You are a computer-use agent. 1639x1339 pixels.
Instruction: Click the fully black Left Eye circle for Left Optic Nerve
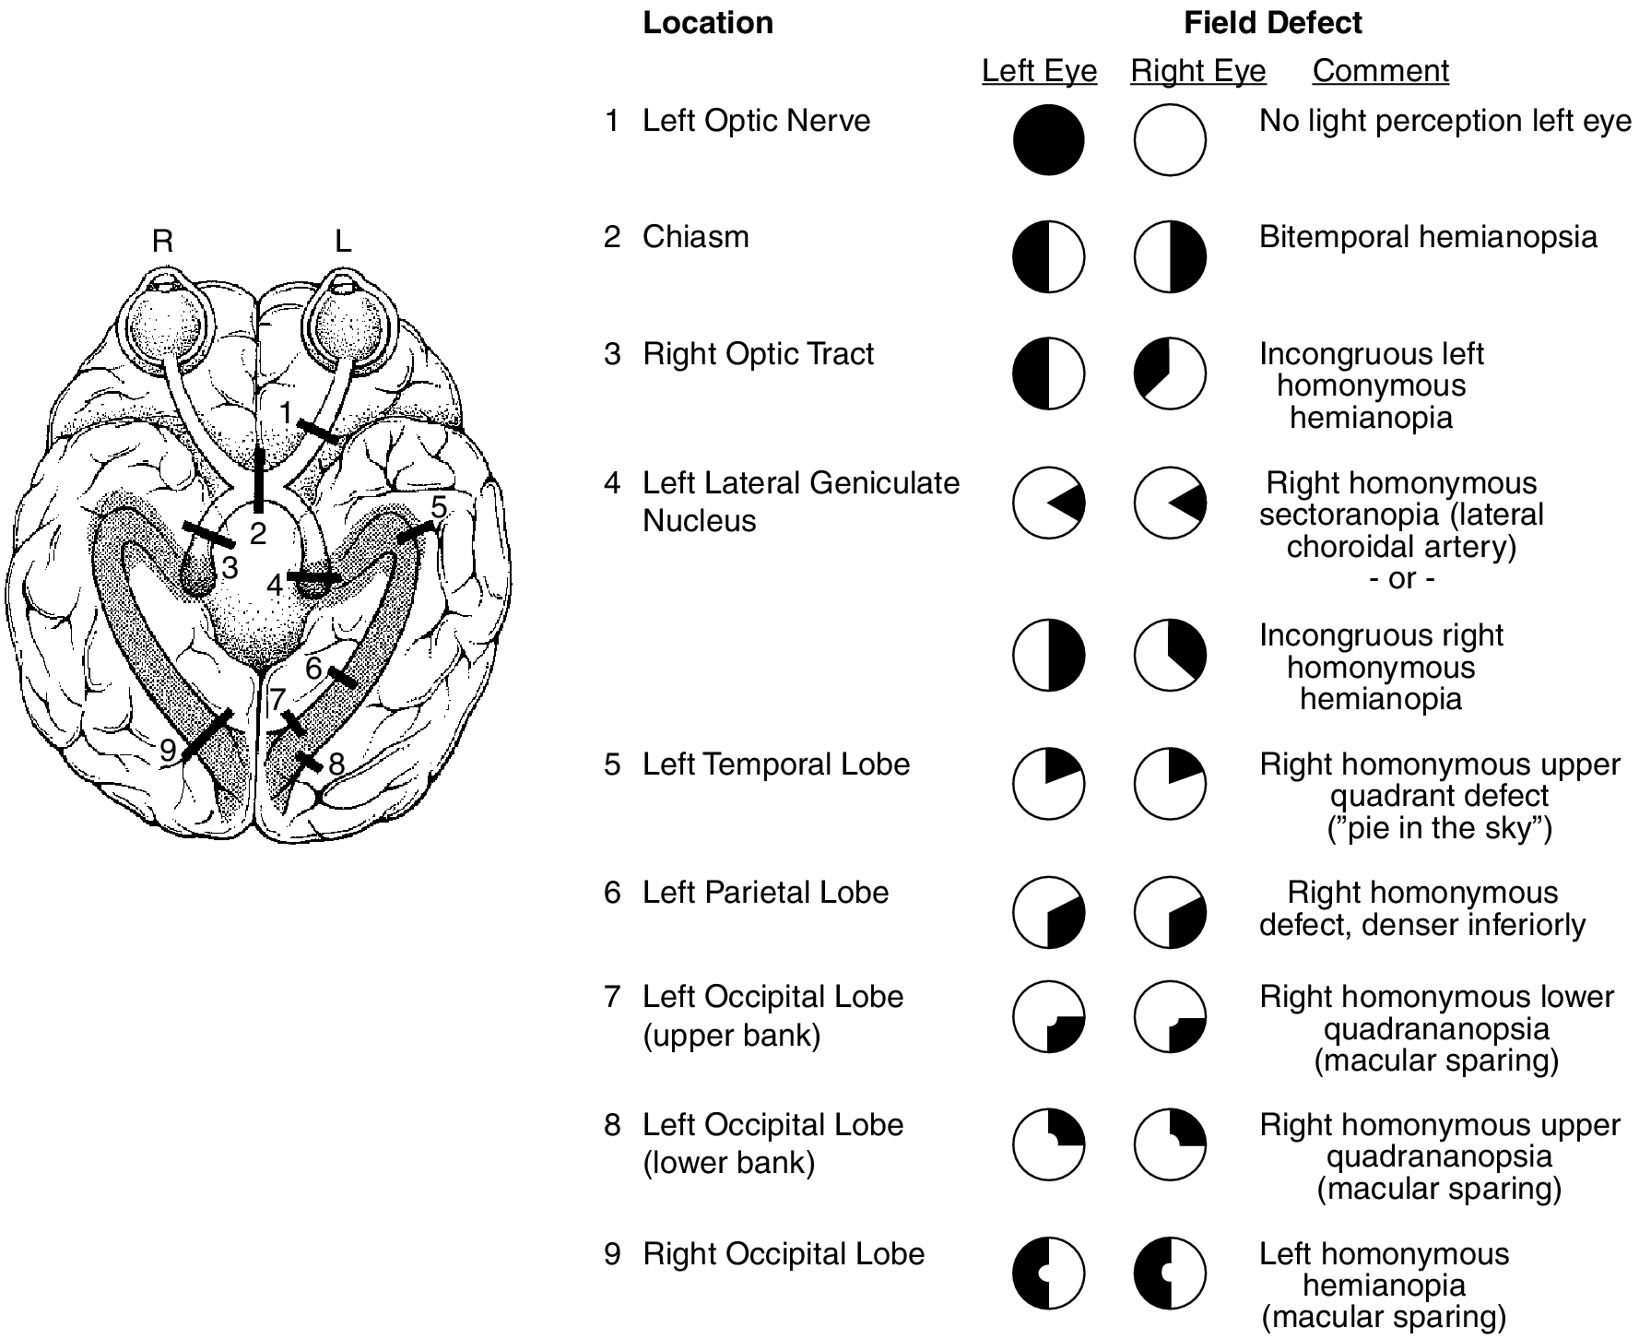[x=1048, y=140]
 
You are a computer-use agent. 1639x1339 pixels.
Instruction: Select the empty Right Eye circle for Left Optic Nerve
[x=1170, y=140]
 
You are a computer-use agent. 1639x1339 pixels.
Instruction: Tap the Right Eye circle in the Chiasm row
[x=1170, y=256]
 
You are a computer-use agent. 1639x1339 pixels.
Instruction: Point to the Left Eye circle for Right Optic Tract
[x=1048, y=373]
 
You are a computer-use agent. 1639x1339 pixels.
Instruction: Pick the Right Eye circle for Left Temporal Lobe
[x=1170, y=784]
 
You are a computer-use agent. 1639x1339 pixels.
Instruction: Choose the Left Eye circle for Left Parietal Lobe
[x=1048, y=912]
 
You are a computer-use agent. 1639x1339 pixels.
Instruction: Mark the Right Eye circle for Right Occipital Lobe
[x=1170, y=1274]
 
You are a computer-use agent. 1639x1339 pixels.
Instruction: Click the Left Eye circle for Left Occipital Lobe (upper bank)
[x=1048, y=1017]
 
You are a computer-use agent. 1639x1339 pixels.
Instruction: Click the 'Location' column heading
[x=708, y=23]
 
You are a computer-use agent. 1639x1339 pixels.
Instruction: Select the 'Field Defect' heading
[x=1272, y=23]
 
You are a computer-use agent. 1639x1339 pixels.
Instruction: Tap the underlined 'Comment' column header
[x=1380, y=71]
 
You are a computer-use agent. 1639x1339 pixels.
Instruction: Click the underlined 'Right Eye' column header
[x=1197, y=71]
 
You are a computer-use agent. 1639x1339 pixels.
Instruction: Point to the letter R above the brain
[x=162, y=242]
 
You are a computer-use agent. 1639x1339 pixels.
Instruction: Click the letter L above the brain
[x=343, y=242]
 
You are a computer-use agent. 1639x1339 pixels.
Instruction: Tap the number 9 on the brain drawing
[x=168, y=751]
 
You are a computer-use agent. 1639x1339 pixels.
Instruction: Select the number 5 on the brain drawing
[x=440, y=506]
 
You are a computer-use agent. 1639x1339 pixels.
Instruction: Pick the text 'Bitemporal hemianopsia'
[x=1428, y=237]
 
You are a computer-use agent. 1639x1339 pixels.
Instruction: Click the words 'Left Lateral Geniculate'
[x=800, y=483]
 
